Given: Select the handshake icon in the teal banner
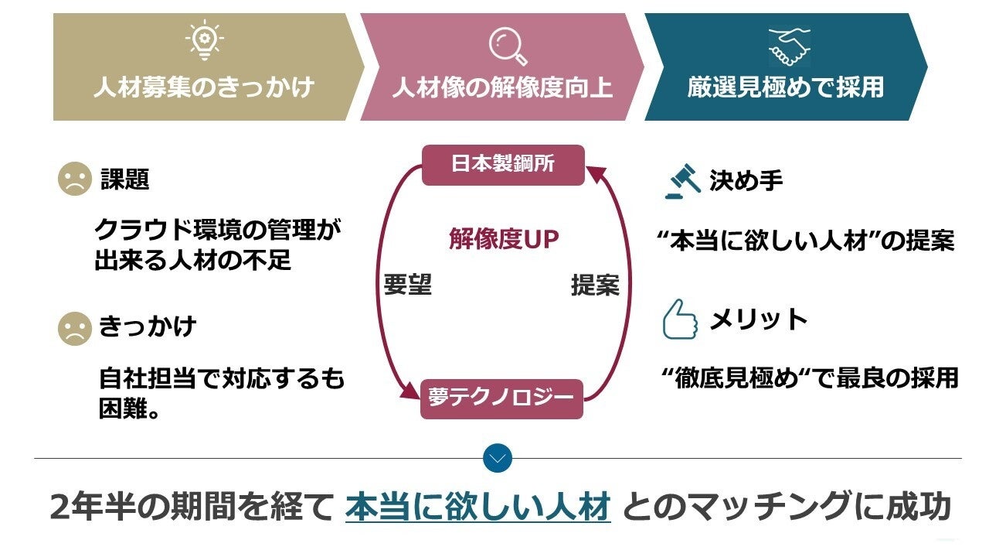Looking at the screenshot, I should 789,46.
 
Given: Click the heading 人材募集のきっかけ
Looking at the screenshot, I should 204,87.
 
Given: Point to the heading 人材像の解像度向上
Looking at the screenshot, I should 502,87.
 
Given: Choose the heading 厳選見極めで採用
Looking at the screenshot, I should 786,87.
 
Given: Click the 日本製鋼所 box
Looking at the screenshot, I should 503,165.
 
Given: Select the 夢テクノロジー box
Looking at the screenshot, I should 501,398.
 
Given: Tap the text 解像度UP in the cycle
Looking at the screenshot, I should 504,240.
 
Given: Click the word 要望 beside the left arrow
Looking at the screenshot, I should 407,285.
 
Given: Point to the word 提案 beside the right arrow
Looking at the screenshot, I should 595,285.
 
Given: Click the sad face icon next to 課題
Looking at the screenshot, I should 74,180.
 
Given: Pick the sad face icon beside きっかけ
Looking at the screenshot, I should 74,328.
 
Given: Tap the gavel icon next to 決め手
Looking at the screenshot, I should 683,181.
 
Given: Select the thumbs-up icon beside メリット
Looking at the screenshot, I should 679,320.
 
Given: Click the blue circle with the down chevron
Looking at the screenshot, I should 498,458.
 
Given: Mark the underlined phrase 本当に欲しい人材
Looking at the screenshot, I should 478,507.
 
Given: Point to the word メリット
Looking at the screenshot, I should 758,320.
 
